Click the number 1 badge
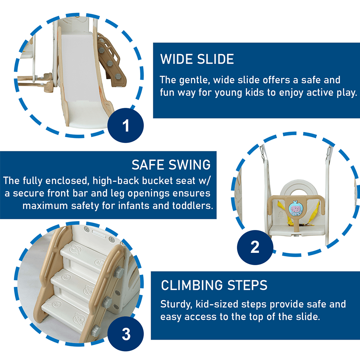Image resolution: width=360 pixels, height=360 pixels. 126,125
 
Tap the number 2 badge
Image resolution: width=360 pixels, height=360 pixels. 255,247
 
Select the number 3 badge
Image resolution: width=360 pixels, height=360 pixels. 126,334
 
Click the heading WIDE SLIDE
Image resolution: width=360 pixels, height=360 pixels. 197,59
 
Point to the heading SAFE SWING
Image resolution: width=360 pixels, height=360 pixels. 171,165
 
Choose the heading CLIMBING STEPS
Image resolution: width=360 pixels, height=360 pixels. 214,285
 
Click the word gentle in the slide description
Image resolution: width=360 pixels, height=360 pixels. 194,80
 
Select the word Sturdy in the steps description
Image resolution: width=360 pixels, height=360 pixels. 176,304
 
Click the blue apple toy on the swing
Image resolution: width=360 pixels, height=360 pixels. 296,208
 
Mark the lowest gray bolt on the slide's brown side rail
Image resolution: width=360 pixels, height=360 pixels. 118,76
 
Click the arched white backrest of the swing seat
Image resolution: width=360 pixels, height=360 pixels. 298,189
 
